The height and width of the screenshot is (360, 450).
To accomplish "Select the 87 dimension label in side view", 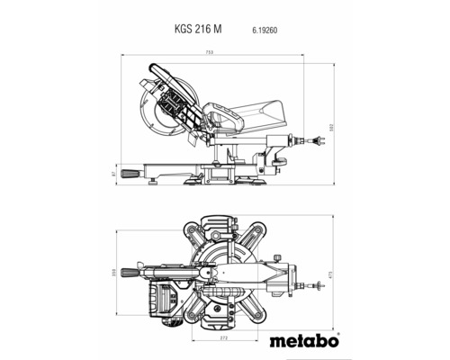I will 112,173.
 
